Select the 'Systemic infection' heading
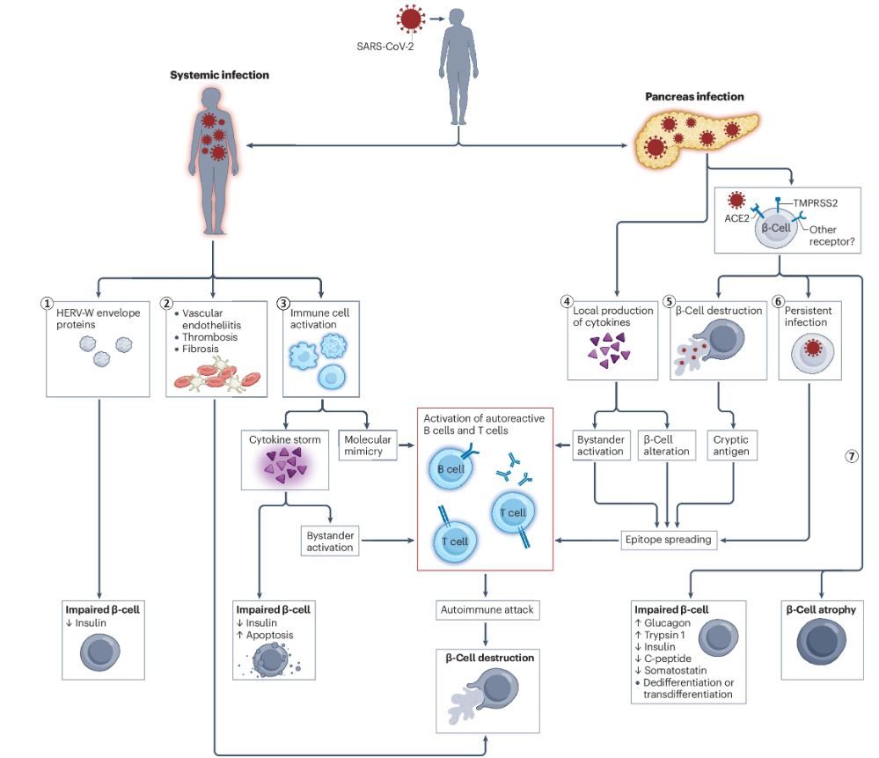pyautogui.click(x=219, y=76)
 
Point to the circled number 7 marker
pyautogui.click(x=851, y=456)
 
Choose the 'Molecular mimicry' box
pyautogui.click(x=367, y=445)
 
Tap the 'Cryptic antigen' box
pyautogui.click(x=732, y=445)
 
